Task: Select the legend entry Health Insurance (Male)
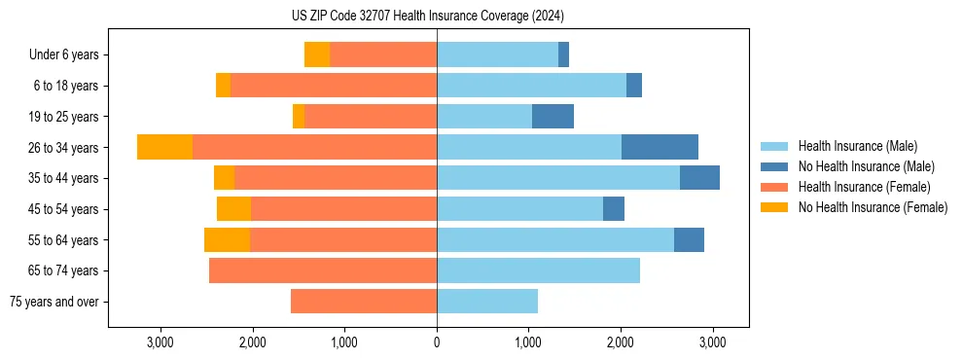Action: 857,146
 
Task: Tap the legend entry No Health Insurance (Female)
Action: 873,207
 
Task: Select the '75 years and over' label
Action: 54,302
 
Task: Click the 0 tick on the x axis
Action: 437,342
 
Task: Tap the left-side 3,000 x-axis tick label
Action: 160,342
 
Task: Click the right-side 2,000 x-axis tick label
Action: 621,342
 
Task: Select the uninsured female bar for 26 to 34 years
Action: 164,147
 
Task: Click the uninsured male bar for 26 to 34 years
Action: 660,147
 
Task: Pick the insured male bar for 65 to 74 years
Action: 538,270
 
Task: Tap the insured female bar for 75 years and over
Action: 364,302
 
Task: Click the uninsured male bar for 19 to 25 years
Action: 553,117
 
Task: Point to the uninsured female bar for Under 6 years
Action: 317,54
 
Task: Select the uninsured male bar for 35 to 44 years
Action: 699,178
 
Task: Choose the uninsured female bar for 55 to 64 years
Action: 227,239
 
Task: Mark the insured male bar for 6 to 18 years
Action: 531,86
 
